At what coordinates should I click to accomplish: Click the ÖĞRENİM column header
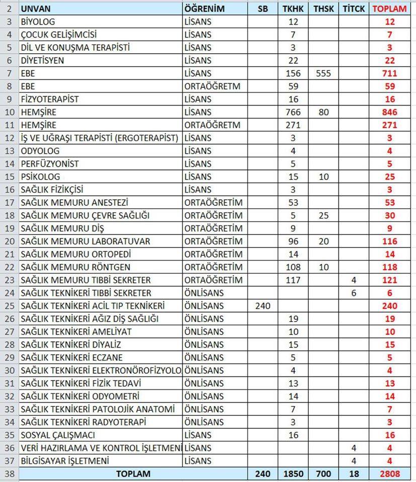click(204, 9)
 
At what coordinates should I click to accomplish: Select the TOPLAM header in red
click(389, 9)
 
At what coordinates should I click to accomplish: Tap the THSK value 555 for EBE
click(321, 73)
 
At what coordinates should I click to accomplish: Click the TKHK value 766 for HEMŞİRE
click(294, 112)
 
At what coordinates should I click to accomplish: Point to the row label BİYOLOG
click(38, 22)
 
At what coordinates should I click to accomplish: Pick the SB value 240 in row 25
click(262, 306)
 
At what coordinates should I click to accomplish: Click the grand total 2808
click(389, 473)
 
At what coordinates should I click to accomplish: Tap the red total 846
click(389, 112)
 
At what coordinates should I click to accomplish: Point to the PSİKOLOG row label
click(40, 177)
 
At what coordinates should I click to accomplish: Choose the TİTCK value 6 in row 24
click(354, 293)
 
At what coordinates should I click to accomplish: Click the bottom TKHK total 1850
click(294, 473)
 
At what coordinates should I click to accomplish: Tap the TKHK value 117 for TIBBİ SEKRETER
click(294, 280)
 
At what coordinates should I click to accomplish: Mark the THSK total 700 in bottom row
click(321, 473)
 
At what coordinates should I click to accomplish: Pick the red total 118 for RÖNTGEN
click(389, 267)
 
